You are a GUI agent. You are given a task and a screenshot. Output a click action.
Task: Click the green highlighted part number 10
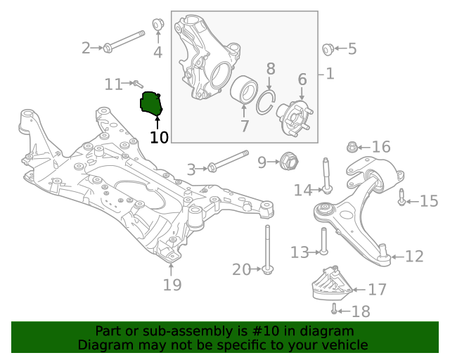click(x=151, y=104)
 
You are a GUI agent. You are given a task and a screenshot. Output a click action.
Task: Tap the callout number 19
click(x=172, y=285)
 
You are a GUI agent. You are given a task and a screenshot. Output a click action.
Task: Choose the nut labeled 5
click(x=327, y=49)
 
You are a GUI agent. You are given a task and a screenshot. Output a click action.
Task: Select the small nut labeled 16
click(x=353, y=147)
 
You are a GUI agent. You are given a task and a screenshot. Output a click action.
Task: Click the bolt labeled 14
click(x=326, y=175)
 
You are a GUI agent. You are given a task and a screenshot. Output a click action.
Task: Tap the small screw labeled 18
click(x=335, y=309)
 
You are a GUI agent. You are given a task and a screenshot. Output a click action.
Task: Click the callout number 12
click(x=414, y=257)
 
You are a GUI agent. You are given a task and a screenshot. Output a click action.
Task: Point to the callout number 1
click(x=329, y=73)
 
